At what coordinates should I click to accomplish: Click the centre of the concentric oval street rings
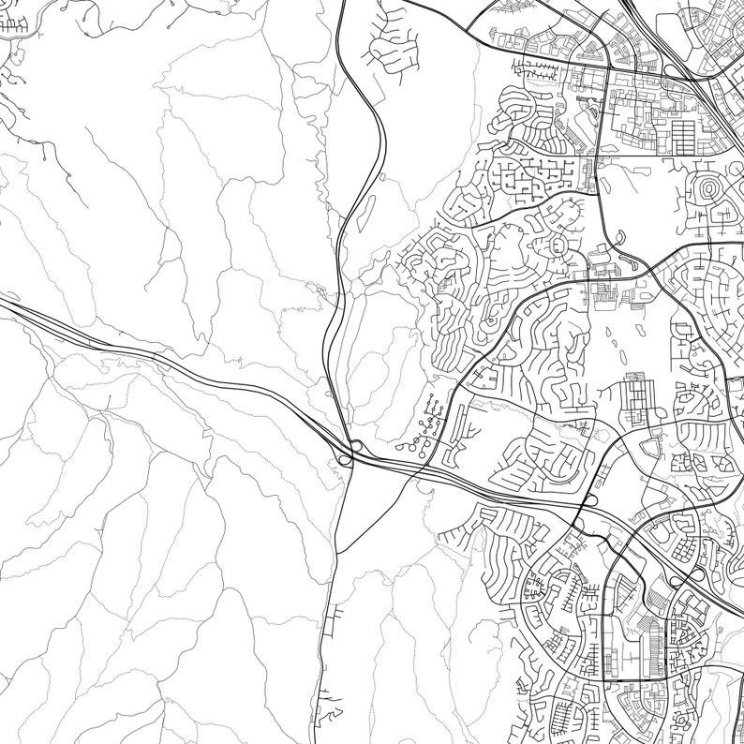pyautogui.click(x=708, y=189)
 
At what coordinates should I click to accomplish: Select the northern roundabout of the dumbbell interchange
pyautogui.click(x=356, y=446)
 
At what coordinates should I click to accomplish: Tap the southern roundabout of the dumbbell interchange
pyautogui.click(x=345, y=458)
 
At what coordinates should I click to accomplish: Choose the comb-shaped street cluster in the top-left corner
pyautogui.click(x=14, y=24)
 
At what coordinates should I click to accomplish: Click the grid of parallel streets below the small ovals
pyautogui.click(x=638, y=397)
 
